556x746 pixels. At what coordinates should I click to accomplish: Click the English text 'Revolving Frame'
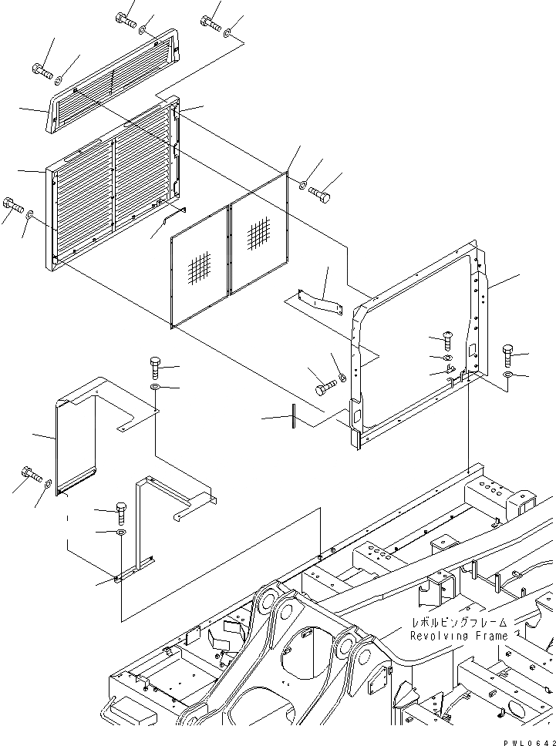[458, 636]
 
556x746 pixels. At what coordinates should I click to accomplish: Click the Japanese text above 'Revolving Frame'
[458, 621]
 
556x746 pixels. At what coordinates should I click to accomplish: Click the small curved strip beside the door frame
[324, 299]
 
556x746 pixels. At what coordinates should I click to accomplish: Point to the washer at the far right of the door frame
[507, 375]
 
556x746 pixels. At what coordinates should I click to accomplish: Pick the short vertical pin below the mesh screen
[293, 415]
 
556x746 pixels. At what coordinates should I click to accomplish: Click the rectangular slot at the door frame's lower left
[357, 413]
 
